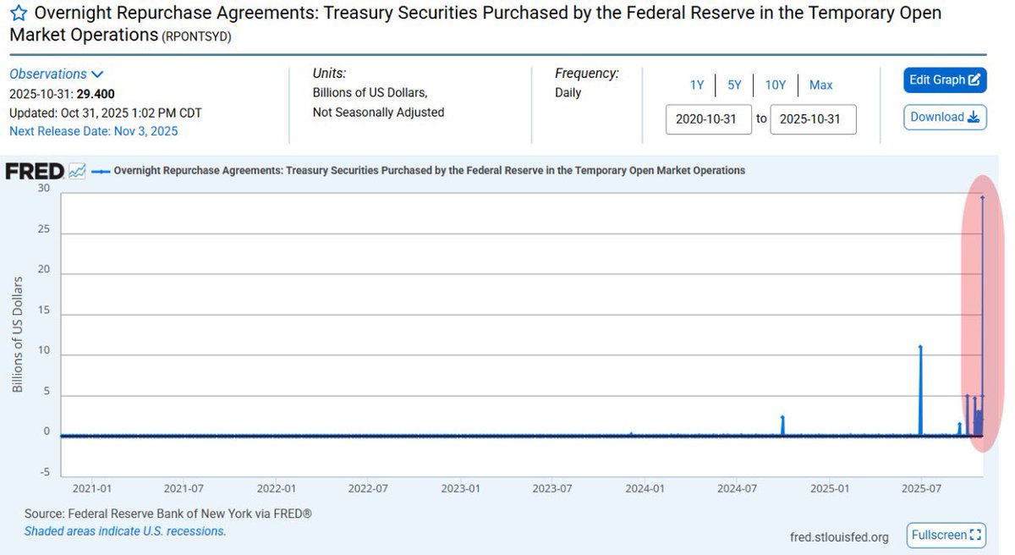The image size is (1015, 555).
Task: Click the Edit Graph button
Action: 944,80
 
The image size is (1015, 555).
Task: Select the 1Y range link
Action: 697,85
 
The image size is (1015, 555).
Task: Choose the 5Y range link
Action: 734,85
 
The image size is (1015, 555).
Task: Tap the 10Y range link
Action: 776,85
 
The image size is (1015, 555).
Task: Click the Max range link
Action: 820,85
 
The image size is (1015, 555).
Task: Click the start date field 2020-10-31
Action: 709,119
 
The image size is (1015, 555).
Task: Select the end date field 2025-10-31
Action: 813,119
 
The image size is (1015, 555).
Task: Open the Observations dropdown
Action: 56,74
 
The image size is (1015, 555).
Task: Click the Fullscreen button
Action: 946,535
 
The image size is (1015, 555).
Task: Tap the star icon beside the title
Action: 19,15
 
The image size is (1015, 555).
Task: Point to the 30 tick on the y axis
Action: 45,189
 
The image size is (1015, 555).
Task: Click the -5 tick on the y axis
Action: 45,472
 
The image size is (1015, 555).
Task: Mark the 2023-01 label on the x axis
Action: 461,489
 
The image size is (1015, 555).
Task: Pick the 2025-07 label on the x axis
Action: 921,489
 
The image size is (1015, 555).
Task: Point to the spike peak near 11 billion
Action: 920,347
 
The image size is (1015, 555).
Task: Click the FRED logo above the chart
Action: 35,171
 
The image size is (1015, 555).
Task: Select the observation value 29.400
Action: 96,94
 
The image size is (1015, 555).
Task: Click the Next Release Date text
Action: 93,131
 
